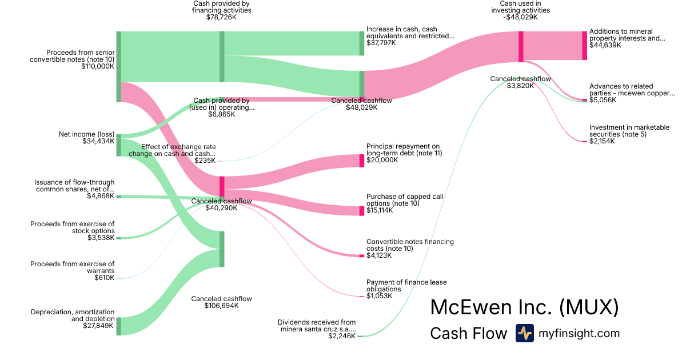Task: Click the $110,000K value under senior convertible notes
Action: (x=98, y=66)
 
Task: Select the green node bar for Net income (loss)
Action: (x=119, y=145)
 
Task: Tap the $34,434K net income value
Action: (x=98, y=141)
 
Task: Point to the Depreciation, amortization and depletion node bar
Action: (x=119, y=326)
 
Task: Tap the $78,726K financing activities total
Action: (x=221, y=18)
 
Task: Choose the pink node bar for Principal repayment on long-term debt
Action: (x=362, y=161)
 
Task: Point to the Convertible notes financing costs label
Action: (x=410, y=245)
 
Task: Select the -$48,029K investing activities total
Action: (x=521, y=18)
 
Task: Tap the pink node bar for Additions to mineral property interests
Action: (x=584, y=46)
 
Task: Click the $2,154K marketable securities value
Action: (x=602, y=141)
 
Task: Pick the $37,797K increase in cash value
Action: (x=381, y=43)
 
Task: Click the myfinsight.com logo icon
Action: (x=524, y=333)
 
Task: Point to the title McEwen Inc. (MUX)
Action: (x=524, y=307)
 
